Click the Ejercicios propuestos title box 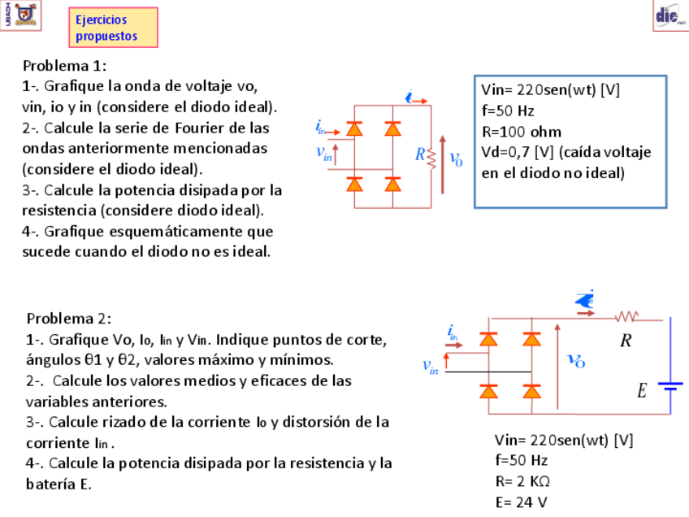[x=114, y=28]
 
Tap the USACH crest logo [x=27, y=13]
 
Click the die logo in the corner [x=669, y=15]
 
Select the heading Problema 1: [x=65, y=65]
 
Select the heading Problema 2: [x=69, y=318]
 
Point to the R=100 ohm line [x=522, y=132]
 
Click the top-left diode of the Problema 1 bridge [x=354, y=128]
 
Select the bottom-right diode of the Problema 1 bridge [x=393, y=185]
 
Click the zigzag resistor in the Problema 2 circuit [x=626, y=316]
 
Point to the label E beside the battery [x=642, y=392]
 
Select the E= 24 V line [x=521, y=502]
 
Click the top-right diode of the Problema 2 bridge [x=532, y=338]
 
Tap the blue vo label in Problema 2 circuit [x=576, y=360]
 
